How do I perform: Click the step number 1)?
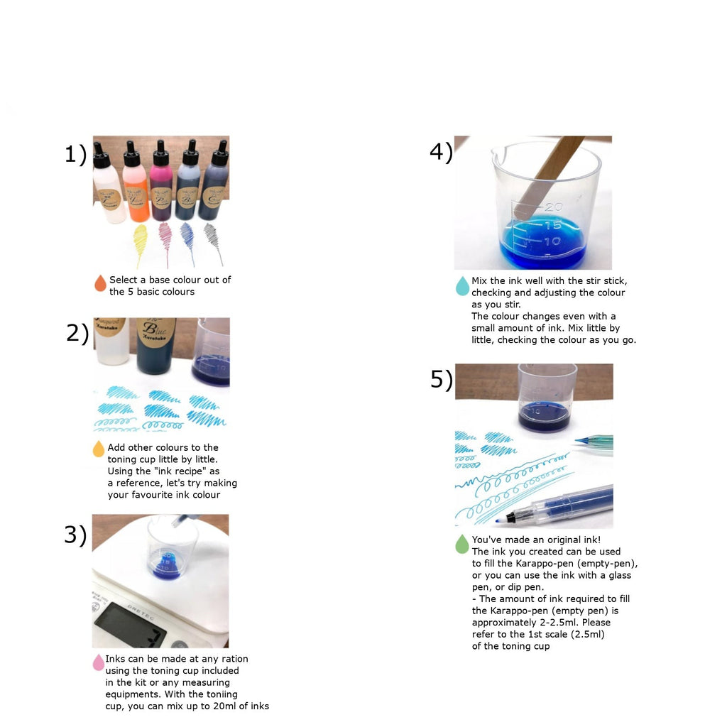(x=75, y=154)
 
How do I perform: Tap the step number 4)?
(x=441, y=152)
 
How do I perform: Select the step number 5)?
(x=442, y=380)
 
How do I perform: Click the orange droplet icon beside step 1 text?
(x=100, y=283)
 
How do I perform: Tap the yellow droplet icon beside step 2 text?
(x=98, y=449)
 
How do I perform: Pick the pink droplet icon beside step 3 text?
(x=98, y=662)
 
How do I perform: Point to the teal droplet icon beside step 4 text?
(x=462, y=286)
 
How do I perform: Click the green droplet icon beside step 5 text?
(x=462, y=545)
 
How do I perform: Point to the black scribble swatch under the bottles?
(x=214, y=243)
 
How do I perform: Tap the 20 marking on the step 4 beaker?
(x=554, y=207)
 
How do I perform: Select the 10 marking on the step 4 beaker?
(x=552, y=241)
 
